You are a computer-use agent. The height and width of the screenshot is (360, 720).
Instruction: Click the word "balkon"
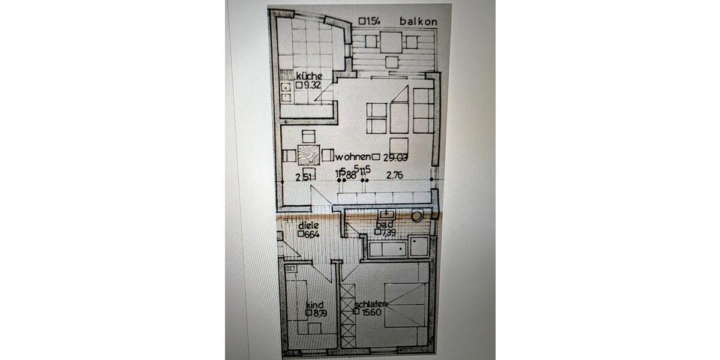point(418,22)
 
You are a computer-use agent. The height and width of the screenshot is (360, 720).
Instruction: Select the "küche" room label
point(309,76)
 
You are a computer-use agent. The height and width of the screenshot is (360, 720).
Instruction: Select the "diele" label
point(308,226)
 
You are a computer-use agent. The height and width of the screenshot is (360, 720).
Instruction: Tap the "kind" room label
point(314,305)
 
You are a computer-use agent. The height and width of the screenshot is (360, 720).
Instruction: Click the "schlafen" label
point(371,304)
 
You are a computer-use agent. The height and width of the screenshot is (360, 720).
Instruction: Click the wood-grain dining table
point(308,155)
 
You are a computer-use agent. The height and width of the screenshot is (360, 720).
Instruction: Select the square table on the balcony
point(391,42)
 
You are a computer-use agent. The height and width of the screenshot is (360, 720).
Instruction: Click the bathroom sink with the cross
point(386,214)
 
